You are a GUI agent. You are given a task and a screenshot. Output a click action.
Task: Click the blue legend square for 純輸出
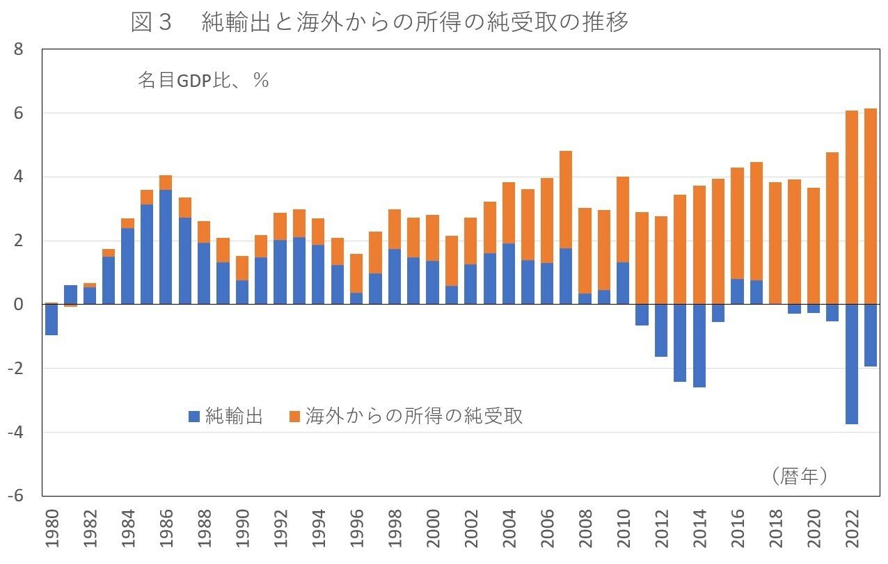[x=194, y=417]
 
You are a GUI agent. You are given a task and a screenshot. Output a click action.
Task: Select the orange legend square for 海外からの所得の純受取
[x=294, y=417]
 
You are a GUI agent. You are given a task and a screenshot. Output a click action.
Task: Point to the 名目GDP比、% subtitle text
[x=203, y=81]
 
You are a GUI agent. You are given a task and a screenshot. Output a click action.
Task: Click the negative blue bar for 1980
[x=51, y=320]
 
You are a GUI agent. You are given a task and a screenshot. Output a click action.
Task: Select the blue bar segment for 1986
[x=166, y=247]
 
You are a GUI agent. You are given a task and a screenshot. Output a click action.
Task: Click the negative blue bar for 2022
[x=852, y=364]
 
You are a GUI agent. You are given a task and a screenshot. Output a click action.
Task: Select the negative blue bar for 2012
[x=661, y=330]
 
